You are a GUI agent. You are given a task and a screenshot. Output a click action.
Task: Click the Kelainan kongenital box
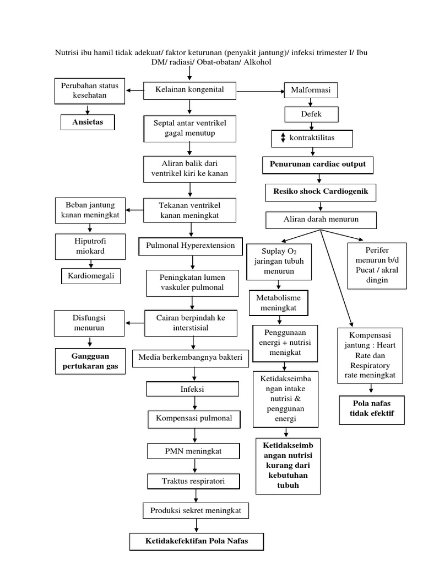tap(191, 89)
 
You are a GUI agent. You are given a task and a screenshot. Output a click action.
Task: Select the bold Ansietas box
tap(87, 121)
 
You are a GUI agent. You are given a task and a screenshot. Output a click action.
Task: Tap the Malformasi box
tap(311, 90)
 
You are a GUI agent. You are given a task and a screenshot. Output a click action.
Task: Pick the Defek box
tap(311, 114)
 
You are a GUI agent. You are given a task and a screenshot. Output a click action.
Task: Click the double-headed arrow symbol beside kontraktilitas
tap(283, 138)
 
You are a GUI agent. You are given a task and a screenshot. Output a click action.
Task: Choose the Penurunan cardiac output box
tap(317, 164)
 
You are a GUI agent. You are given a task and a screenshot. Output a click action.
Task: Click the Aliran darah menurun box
tap(321, 220)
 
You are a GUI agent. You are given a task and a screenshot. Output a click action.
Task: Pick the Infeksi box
tap(192, 389)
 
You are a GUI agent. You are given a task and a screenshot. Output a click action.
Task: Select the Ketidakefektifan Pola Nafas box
tap(197, 541)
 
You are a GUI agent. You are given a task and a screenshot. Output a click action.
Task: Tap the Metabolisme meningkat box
tap(278, 302)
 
